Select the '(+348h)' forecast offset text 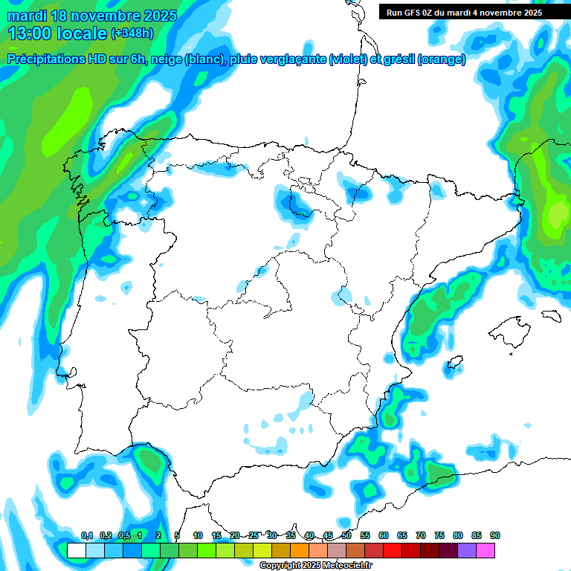(x=132, y=33)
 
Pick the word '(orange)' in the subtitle (x=443, y=59)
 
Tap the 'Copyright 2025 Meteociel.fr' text (x=316, y=566)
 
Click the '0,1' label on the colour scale (x=87, y=535)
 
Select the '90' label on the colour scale (x=495, y=535)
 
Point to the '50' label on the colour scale (x=346, y=535)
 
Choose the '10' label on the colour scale (x=198, y=535)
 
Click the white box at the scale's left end (x=76, y=550)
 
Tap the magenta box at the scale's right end (x=485, y=550)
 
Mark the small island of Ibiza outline (x=454, y=364)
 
